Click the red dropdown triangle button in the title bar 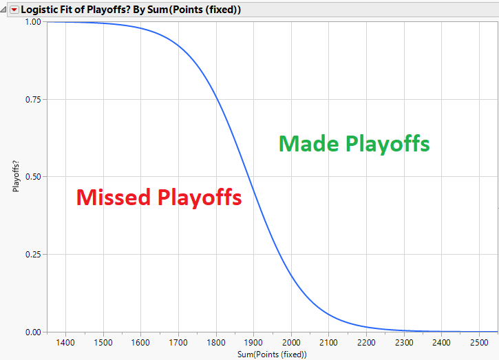coord(14,10)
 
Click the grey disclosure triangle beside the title coord(3,10)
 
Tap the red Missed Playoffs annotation coord(159,198)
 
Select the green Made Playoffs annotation coord(354,144)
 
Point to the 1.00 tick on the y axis coord(33,22)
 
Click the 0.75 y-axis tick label coord(33,100)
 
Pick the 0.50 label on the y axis coord(33,177)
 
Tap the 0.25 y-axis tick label coord(33,254)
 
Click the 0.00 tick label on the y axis coord(33,332)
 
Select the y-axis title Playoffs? coord(16,176)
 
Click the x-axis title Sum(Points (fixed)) coord(272,354)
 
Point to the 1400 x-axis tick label coord(65,343)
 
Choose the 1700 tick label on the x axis coord(178,343)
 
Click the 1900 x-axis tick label coord(253,343)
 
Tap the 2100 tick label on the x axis coord(328,343)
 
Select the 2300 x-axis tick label coord(404,343)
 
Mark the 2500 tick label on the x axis coord(479,343)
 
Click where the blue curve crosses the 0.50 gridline coord(249,177)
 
